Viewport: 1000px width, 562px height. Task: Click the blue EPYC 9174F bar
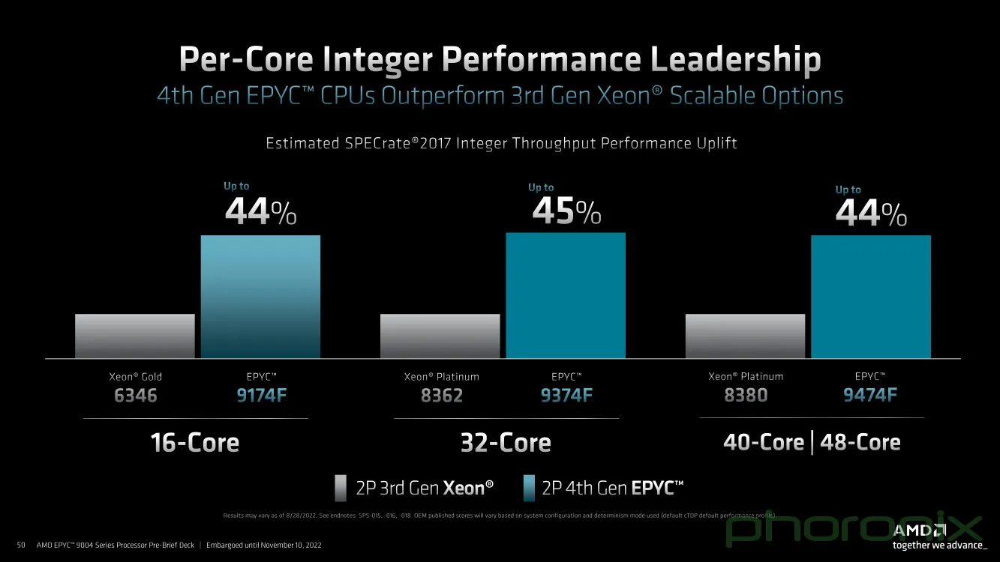click(260, 297)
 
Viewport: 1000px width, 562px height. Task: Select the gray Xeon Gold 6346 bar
click(135, 336)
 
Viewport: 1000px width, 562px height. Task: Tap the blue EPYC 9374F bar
click(566, 295)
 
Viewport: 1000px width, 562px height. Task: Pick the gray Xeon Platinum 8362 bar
click(440, 336)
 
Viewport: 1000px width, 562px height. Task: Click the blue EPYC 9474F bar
click(871, 297)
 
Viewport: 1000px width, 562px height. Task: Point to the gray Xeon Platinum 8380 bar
click(745, 336)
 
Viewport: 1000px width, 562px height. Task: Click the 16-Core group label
click(195, 443)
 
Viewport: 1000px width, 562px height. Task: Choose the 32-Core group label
click(506, 443)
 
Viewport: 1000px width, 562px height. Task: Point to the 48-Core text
click(860, 442)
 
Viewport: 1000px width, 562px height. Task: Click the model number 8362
click(442, 395)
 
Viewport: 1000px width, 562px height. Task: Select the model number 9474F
click(870, 395)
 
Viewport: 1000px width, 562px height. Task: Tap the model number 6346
click(136, 395)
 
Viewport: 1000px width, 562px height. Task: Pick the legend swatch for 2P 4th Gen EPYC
click(529, 488)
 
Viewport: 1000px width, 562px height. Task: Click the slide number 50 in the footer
click(21, 545)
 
